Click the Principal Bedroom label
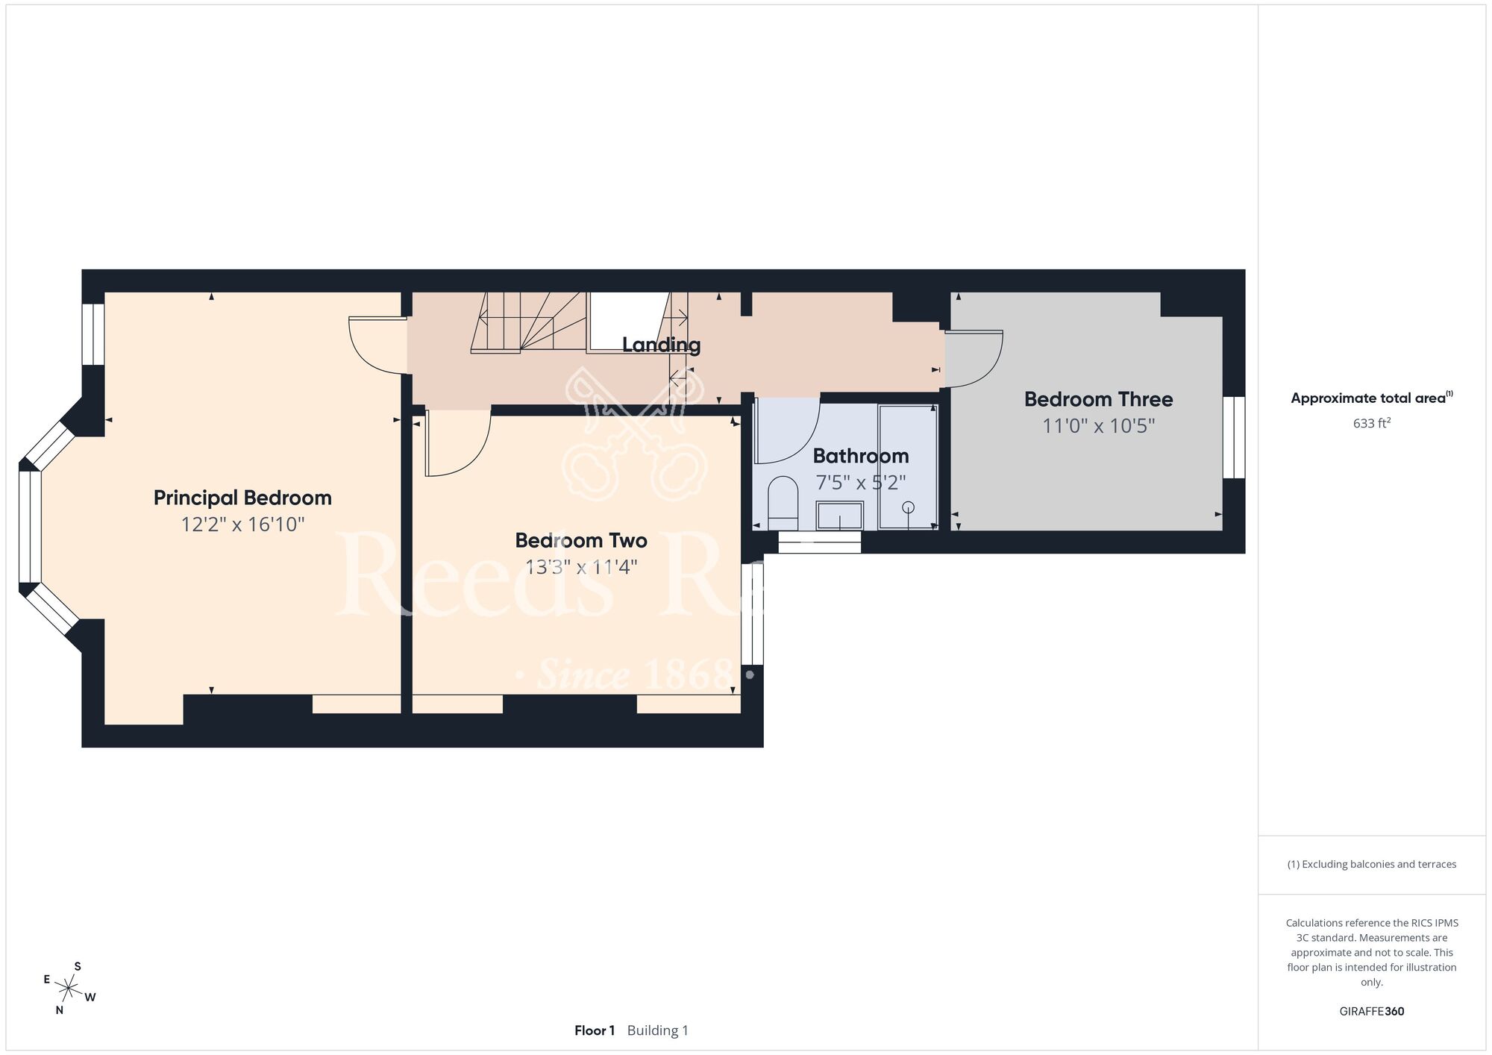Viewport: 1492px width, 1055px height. point(242,498)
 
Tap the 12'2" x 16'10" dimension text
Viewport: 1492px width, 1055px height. point(243,525)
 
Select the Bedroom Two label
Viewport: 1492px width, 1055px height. point(581,540)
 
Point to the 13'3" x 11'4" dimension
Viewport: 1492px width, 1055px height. point(581,567)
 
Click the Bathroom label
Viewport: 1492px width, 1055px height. point(861,456)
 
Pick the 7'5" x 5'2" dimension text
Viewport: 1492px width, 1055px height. point(861,483)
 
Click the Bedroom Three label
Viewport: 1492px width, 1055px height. point(1099,399)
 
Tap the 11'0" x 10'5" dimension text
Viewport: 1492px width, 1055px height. point(1099,426)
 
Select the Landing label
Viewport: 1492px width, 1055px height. point(662,345)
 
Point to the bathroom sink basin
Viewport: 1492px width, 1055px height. point(840,516)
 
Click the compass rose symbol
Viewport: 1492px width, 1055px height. point(69,989)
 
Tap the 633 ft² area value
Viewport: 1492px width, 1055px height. point(1372,423)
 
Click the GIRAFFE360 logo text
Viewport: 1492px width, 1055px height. point(1372,1012)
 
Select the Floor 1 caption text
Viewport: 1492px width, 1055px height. point(595,1030)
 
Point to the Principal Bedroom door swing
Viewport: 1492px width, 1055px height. point(377,345)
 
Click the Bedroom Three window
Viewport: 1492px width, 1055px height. point(1234,437)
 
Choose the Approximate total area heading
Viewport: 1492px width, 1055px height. point(1372,398)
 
